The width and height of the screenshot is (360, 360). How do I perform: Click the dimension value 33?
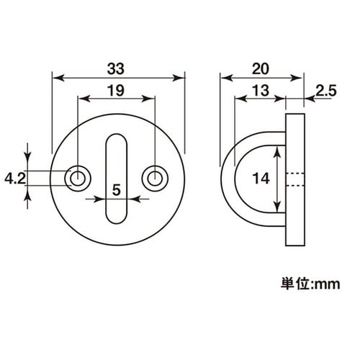coord(117,68)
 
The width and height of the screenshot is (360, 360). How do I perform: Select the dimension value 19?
coord(116,91)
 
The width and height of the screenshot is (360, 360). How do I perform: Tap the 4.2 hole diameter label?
coord(14,177)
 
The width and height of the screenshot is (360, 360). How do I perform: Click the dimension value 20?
coord(262,68)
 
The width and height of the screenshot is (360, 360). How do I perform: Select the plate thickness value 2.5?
coord(327,91)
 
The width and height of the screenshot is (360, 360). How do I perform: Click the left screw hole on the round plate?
coord(76,177)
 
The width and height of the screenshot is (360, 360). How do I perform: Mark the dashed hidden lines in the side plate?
coord(295,178)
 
